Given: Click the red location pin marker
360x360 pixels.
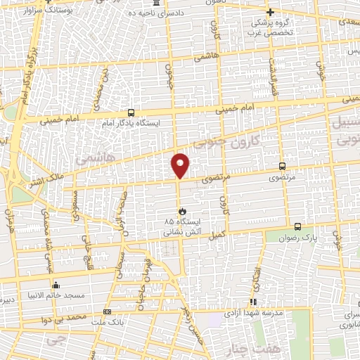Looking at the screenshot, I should coord(181,165).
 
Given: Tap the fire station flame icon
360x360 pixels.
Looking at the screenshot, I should coord(181,210).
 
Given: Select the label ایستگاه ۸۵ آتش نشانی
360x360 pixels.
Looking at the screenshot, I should coord(180,225).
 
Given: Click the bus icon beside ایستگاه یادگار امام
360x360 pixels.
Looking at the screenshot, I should coord(131,112).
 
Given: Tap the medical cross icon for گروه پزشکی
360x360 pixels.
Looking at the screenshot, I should coord(270,11).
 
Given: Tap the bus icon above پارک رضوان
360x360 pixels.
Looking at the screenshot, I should coord(297,226).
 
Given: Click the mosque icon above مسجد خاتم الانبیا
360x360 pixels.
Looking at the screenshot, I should coord(56,285).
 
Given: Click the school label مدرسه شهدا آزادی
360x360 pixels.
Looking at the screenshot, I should coord(255,311).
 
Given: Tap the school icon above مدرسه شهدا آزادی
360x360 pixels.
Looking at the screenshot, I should coord(255,300).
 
